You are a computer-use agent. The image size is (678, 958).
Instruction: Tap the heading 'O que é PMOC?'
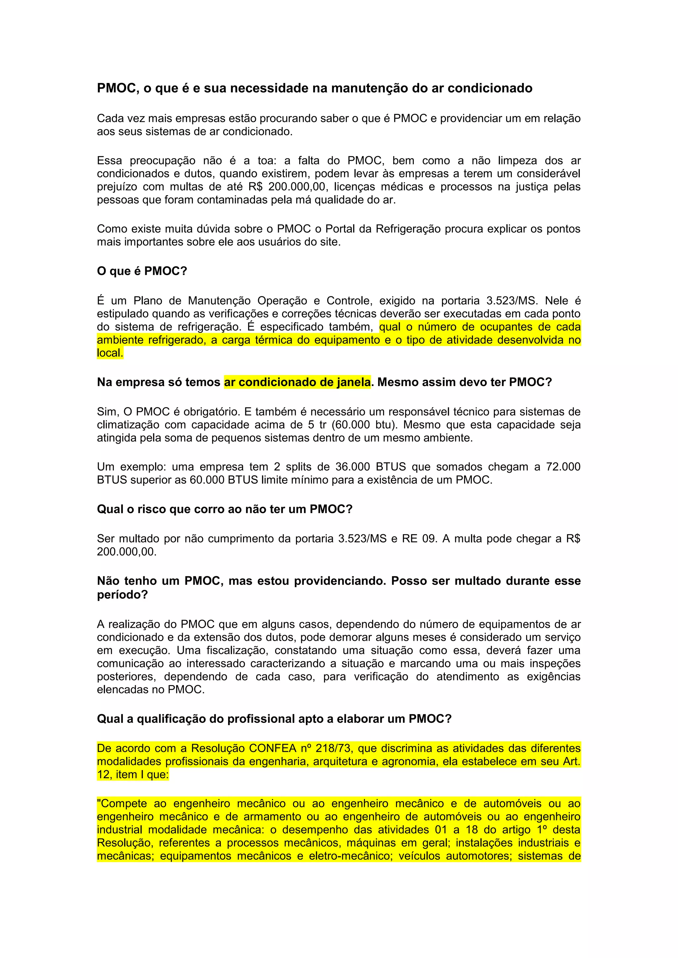click(x=142, y=271)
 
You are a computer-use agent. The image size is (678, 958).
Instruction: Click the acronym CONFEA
click(x=272, y=748)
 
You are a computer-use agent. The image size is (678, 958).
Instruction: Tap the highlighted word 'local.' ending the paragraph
click(x=110, y=353)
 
